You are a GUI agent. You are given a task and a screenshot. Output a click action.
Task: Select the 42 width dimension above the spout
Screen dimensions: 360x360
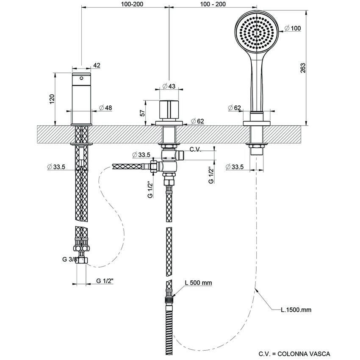pos(97,65)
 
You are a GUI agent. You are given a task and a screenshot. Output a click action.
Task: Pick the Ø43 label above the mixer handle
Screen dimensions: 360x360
pos(169,86)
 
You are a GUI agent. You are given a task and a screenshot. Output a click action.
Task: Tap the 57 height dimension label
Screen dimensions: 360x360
pos(143,112)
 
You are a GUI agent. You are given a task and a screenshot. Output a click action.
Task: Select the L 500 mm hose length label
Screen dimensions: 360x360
pos(198,283)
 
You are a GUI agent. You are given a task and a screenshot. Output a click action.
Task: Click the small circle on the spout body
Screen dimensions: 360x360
pos(81,78)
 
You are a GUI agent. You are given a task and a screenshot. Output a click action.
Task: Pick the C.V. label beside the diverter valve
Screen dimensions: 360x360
pos(196,150)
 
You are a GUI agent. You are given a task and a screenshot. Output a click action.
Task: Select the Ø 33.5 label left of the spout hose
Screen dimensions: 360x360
pos(56,167)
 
